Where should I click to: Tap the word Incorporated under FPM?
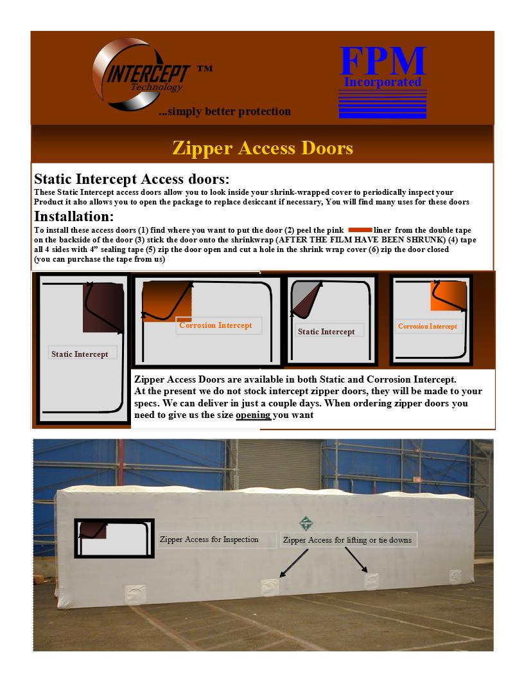click(383, 82)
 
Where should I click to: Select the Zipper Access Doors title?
click(262, 148)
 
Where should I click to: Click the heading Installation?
click(74, 215)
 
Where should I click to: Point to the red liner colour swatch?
click(360, 230)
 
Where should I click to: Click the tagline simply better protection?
click(225, 112)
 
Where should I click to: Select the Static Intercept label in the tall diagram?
click(80, 354)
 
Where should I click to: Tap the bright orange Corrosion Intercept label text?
click(216, 325)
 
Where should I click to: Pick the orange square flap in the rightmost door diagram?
click(447, 296)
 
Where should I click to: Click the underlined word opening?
click(253, 415)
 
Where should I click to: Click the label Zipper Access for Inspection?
click(209, 539)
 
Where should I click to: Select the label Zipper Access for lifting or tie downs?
click(347, 540)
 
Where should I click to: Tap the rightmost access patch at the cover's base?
click(455, 575)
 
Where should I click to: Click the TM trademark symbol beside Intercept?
click(205, 68)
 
